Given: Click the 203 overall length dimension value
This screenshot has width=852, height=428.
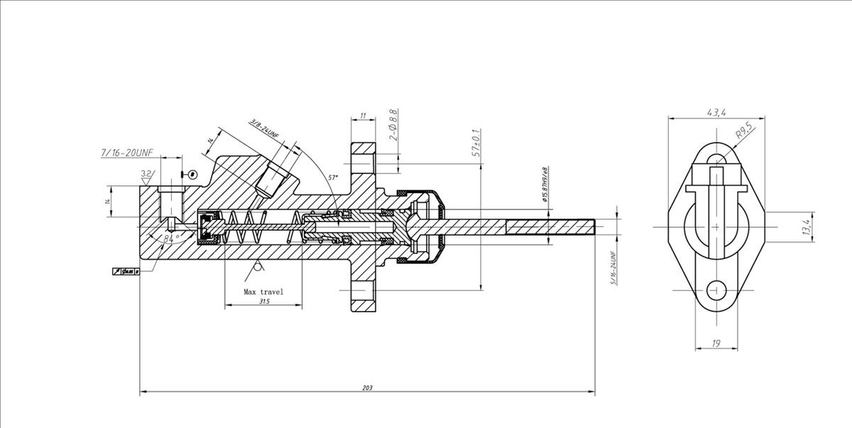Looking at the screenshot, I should tap(366, 388).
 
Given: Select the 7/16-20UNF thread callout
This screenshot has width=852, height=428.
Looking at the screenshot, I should tap(127, 153).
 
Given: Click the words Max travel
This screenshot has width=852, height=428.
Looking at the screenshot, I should tap(263, 292).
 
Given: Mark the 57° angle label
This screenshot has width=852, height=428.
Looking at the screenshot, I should tap(334, 177).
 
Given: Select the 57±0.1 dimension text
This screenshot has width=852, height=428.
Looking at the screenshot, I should tap(476, 143).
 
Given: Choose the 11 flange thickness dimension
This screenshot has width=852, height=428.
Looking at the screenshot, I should tap(363, 115).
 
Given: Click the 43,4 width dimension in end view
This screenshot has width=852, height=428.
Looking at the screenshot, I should tap(716, 112).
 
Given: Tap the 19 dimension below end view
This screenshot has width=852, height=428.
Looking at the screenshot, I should tap(716, 344).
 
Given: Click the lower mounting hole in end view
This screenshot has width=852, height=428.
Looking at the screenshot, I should tap(716, 291).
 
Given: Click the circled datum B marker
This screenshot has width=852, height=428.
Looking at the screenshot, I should tap(192, 173).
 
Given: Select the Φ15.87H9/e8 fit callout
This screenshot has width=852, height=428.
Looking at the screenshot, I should tap(545, 185).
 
